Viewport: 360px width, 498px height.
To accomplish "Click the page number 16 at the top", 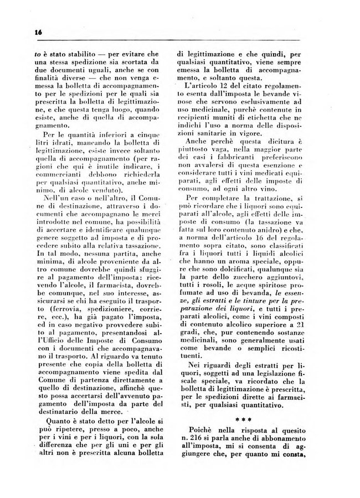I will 37,33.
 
